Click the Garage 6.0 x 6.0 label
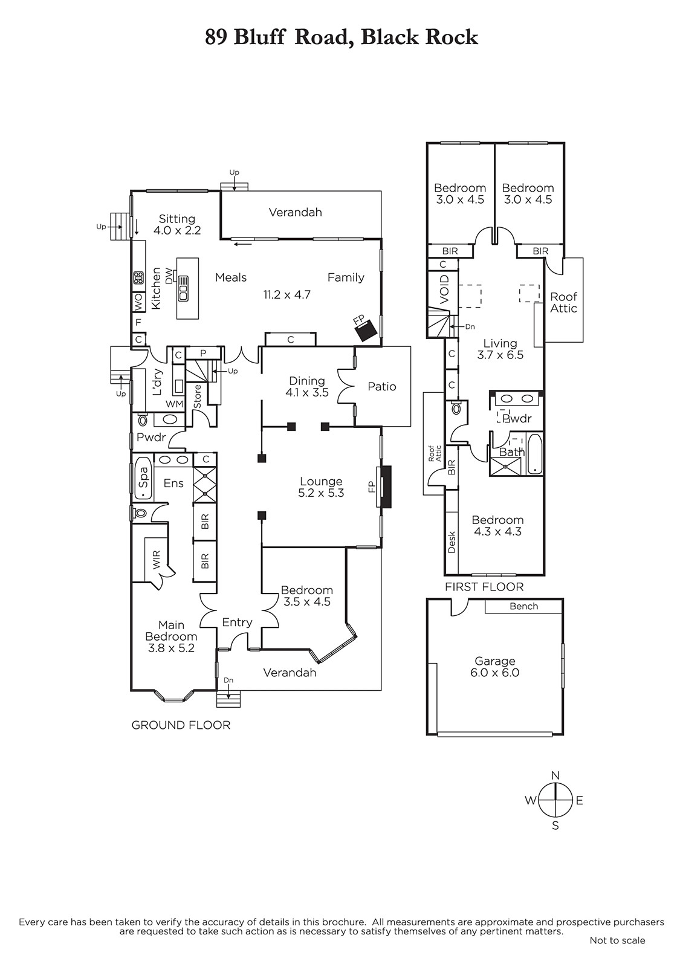(x=495, y=667)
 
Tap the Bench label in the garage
(x=523, y=606)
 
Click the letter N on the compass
(x=555, y=775)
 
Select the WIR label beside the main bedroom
(x=156, y=559)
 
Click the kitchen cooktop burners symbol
(x=138, y=277)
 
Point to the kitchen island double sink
(x=183, y=288)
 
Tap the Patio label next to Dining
(x=381, y=386)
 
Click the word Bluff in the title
(x=259, y=37)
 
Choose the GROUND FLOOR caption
(x=181, y=725)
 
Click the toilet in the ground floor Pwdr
(x=142, y=419)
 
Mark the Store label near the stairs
(x=197, y=396)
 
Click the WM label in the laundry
(x=175, y=404)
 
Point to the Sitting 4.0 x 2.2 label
(x=177, y=224)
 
